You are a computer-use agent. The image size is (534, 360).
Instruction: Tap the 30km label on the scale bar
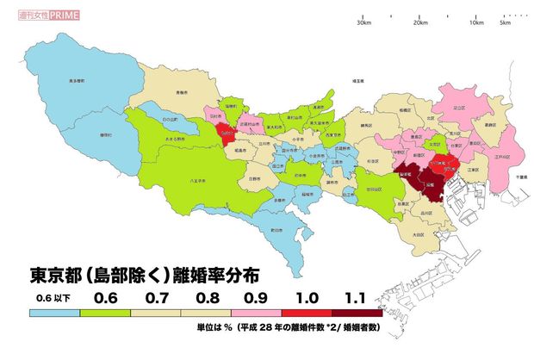pyautogui.click(x=363, y=23)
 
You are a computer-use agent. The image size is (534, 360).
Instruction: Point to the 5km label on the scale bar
pyautogui.click(x=505, y=23)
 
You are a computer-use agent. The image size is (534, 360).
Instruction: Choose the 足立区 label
pyautogui.click(x=459, y=109)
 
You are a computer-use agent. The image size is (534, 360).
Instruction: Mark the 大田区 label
pyautogui.click(x=418, y=233)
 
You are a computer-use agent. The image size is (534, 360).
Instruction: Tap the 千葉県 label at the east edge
pyautogui.click(x=520, y=176)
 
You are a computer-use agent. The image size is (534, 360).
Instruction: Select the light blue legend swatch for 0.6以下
pyautogui.click(x=53, y=313)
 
